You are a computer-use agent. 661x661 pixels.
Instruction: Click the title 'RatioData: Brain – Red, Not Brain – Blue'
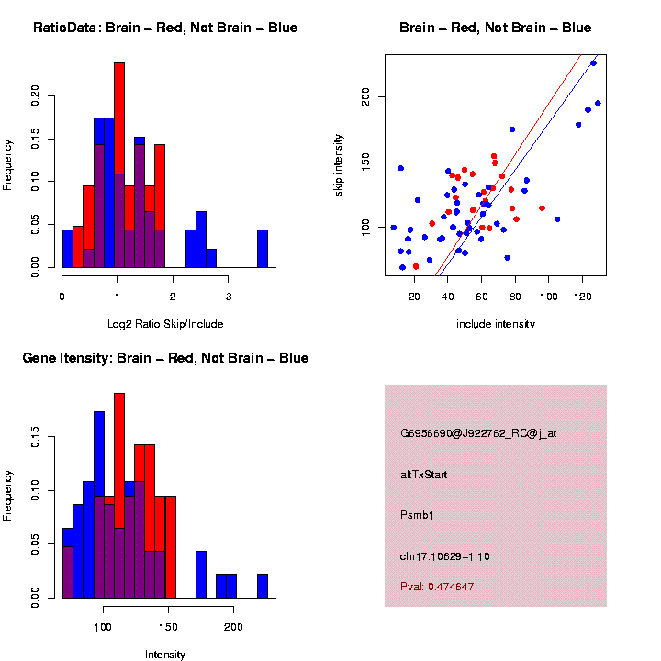point(165,28)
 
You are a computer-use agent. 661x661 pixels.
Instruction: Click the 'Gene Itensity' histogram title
point(165,358)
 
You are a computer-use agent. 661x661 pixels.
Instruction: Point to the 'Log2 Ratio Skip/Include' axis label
point(165,324)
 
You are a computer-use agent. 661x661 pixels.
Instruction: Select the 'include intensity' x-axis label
point(496,324)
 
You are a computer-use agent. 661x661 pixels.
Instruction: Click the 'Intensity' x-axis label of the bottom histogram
point(165,655)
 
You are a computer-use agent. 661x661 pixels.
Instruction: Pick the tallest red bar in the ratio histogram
point(119,165)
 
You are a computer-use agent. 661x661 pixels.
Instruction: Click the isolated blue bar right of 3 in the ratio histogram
point(263,249)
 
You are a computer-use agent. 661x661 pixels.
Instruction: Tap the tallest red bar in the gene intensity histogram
point(119,496)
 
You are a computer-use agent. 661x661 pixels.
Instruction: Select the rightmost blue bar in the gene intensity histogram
point(263,587)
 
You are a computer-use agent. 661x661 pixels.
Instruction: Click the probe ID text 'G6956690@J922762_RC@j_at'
point(478,432)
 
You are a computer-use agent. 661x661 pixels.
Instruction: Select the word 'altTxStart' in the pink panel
point(423,474)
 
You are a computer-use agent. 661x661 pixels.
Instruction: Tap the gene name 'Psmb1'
point(417,515)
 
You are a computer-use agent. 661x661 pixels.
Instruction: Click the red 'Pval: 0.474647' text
point(437,587)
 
